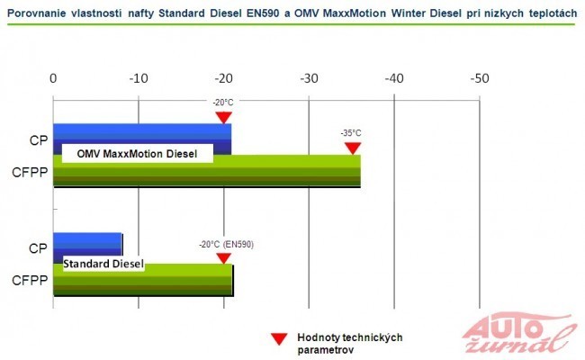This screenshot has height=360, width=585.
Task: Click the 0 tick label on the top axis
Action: [54, 78]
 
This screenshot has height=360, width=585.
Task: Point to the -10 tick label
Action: [138, 78]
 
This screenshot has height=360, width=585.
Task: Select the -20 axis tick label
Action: [223, 78]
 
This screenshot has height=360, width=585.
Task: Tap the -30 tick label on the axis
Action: [309, 78]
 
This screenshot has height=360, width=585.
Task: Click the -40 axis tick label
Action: [394, 78]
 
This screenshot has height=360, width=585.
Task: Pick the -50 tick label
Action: [480, 78]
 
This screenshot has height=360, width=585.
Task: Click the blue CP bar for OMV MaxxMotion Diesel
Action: [142, 132]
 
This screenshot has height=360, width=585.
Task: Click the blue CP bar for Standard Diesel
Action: [87, 243]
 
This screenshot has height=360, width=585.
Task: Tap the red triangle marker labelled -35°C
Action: [352, 148]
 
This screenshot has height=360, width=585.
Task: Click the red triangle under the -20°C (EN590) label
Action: [223, 257]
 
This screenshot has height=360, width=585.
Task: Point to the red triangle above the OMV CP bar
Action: [223, 117]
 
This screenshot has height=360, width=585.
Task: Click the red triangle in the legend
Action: [278, 338]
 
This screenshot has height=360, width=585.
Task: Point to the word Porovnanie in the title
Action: [37, 11]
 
